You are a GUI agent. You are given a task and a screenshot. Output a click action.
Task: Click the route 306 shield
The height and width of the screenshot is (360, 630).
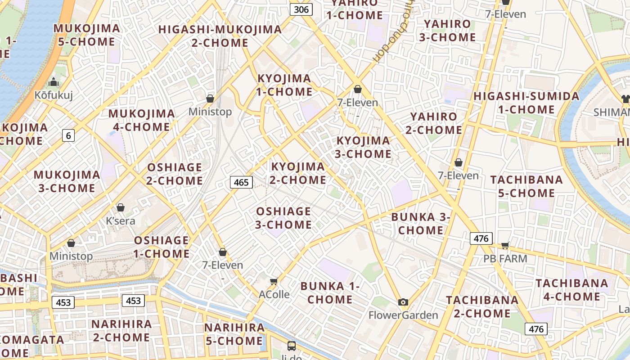point(301,9)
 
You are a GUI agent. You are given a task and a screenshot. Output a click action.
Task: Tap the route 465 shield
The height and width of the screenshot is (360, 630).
point(241,182)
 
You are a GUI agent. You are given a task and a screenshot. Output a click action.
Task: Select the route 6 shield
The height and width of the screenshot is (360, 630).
point(68,135)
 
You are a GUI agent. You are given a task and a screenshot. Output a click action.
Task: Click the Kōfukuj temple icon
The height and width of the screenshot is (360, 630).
point(54,82)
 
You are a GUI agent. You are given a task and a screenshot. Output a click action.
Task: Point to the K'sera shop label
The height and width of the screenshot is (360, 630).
point(120,221)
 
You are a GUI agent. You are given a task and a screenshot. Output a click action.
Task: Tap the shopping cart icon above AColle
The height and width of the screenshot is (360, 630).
point(274,282)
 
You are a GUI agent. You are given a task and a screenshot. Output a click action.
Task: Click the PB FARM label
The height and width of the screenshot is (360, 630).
point(505,259)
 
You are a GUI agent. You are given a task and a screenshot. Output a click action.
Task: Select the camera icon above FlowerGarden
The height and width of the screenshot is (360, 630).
point(403,302)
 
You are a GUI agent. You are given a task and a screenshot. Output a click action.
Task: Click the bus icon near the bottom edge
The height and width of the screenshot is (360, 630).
point(292,346)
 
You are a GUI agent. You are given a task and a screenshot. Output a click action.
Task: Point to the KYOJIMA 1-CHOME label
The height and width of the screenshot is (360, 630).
point(284,85)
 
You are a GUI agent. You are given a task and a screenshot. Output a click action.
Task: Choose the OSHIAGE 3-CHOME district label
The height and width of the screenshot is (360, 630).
point(283,218)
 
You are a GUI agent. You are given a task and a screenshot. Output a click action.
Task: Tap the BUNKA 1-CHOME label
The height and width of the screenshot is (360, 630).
point(330,292)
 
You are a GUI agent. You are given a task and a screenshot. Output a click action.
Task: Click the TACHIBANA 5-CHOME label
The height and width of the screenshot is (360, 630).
point(526,186)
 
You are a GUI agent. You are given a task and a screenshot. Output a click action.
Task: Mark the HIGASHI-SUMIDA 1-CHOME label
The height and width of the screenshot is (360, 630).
point(526,103)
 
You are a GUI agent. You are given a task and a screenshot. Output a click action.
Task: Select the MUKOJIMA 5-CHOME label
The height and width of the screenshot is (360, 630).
point(87,35)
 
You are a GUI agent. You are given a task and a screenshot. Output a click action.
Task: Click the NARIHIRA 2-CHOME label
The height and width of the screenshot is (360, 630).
point(121,331)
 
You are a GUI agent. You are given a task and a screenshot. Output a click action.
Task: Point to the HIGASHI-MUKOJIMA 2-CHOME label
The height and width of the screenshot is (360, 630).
point(220,36)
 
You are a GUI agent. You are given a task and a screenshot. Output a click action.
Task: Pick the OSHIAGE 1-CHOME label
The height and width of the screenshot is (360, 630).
point(162,247)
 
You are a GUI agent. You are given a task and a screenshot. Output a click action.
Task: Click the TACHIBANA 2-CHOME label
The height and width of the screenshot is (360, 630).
point(482,306)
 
